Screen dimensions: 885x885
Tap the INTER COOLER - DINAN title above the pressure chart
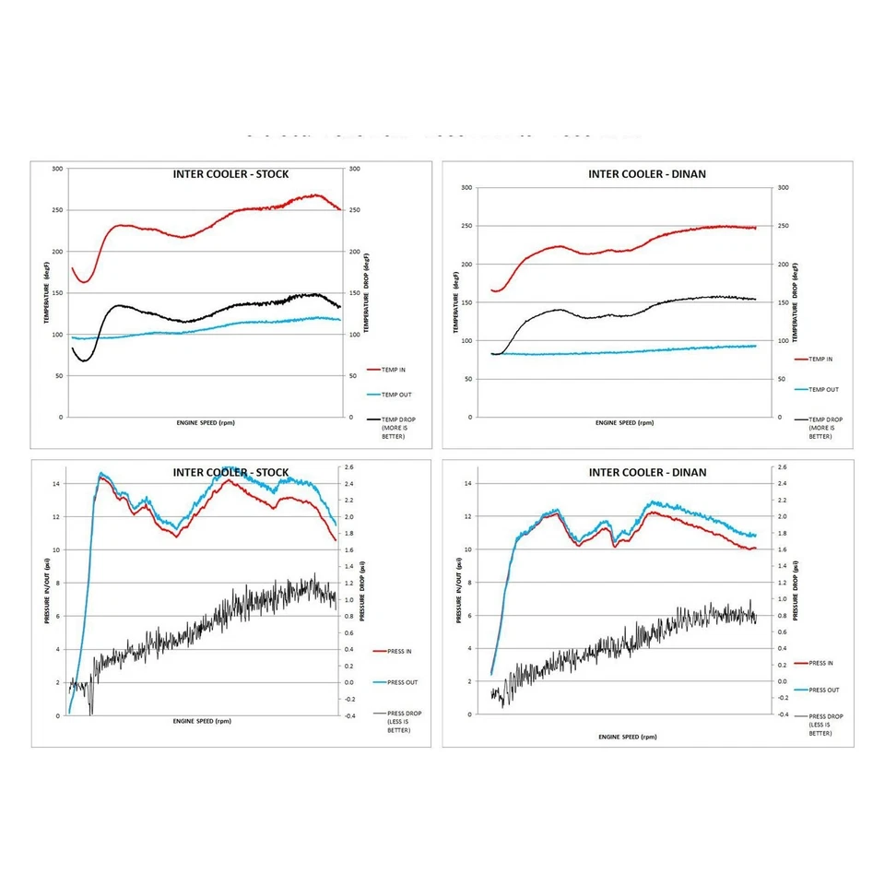(647, 473)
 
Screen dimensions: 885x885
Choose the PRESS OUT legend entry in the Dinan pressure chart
(823, 690)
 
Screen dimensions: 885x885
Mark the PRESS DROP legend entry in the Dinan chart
(825, 725)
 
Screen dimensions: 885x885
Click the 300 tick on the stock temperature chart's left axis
(57, 169)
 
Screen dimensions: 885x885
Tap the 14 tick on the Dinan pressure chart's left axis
(469, 483)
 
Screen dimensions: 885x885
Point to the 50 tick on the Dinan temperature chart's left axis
(468, 379)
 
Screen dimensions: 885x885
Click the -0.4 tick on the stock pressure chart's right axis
(351, 715)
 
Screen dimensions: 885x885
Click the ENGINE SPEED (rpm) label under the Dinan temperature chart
(624, 423)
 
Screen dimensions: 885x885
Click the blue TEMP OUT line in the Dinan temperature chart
(645, 350)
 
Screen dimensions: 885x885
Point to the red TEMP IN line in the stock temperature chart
(230, 213)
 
